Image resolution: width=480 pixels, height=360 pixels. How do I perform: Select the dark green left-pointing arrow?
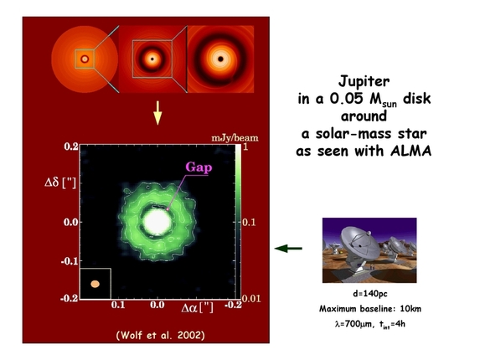coord(288,248)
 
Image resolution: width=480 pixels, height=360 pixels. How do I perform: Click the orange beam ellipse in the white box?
coord(95,285)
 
